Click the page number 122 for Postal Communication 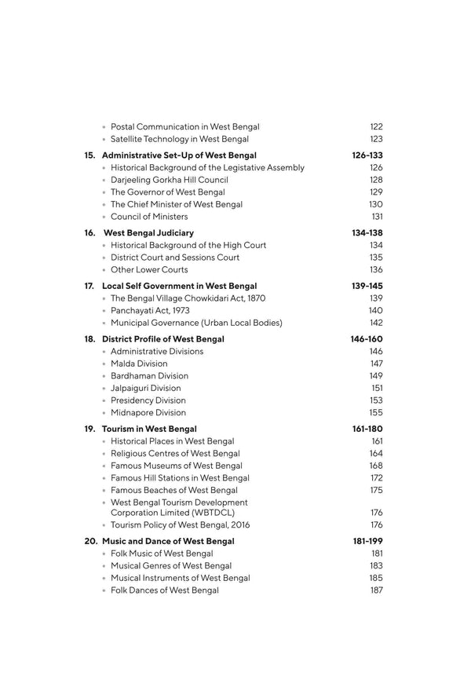(x=376, y=126)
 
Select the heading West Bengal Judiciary (x=148, y=233)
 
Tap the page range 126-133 (x=367, y=155)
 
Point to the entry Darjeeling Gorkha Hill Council (x=167, y=180)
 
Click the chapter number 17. (x=89, y=286)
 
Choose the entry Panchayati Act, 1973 (x=150, y=311)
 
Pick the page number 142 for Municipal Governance (x=376, y=323)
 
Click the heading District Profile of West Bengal (x=163, y=339)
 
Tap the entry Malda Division (x=139, y=364)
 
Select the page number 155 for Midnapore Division (x=376, y=412)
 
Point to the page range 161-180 (x=367, y=429)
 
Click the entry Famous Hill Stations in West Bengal (x=180, y=478)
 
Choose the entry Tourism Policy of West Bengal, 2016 (x=181, y=525)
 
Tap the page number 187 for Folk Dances (x=376, y=590)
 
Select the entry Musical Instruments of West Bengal (x=181, y=579)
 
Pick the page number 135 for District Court (x=376, y=258)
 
